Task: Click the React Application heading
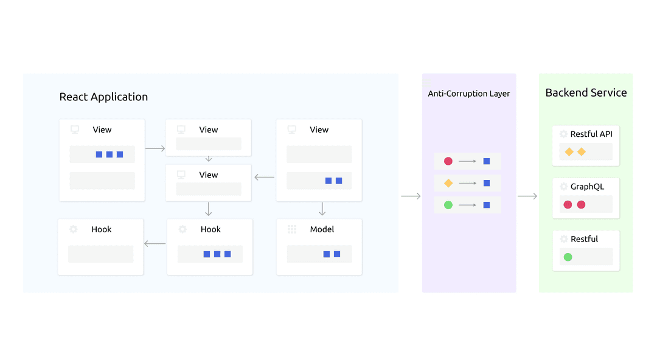coord(103,97)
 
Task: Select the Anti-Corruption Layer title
coord(469,94)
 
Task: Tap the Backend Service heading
coord(586,92)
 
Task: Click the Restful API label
coord(591,134)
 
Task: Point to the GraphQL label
coord(587,187)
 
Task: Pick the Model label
coord(322,229)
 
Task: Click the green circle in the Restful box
coord(568,257)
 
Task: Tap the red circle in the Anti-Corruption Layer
coord(448,161)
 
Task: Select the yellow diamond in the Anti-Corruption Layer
coord(448,183)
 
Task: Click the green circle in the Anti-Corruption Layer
coord(448,205)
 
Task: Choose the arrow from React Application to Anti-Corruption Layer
coord(411,196)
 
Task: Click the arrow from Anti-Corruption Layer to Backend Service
coord(527,196)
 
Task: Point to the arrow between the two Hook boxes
coord(155,243)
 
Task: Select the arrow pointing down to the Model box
coord(322,209)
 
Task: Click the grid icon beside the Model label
coord(292,229)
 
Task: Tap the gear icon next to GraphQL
coord(563,187)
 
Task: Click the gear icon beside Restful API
coord(563,134)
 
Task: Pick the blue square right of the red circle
coord(487,161)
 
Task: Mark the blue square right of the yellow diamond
coord(487,183)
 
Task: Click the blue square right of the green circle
coord(487,205)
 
